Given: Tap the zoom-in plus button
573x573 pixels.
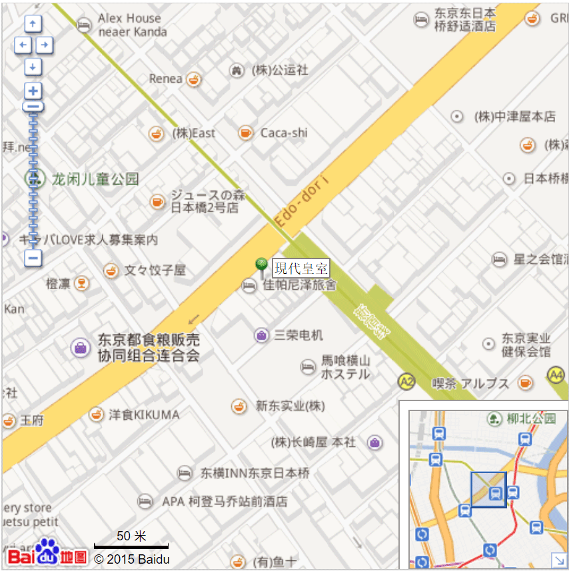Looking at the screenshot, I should pos(33,91).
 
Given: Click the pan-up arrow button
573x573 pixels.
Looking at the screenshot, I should pos(33,25).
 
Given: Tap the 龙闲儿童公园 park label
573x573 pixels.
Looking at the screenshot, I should pos(95,179).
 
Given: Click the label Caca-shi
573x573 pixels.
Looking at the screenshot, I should pos(284,133).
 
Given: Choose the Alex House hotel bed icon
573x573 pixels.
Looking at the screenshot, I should pos(83,25).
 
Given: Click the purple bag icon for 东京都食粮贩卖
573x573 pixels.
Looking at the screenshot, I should pos(80,347).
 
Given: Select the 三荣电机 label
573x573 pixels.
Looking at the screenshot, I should pos(298,334).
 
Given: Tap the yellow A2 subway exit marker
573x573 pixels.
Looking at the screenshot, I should pos(406,381).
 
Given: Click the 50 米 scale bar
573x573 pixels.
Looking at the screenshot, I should pos(131,545).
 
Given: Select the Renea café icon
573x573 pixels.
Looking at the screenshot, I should pos(193,79).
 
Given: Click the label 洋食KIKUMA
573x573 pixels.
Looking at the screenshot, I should pos(144,414).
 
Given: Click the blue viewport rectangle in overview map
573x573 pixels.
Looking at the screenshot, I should pos(488,490).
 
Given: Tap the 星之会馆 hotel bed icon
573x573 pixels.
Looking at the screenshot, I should pos(499,259).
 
